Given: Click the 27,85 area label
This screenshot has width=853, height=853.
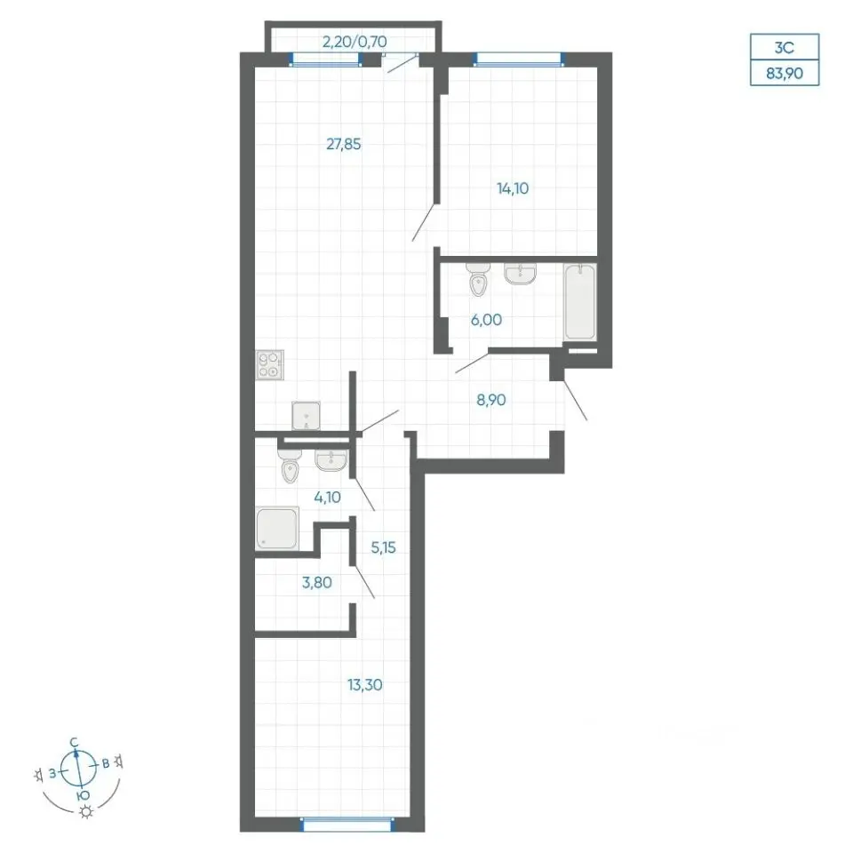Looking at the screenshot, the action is click(x=343, y=144).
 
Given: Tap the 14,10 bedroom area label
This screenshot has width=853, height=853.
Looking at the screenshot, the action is click(x=513, y=188).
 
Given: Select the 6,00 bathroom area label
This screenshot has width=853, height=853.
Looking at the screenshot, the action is click(x=486, y=320).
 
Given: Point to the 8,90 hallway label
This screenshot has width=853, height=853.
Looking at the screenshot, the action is click(x=491, y=400).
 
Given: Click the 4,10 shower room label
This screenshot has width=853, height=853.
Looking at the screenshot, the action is click(x=328, y=497).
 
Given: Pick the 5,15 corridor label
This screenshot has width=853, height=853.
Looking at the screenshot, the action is click(x=383, y=547).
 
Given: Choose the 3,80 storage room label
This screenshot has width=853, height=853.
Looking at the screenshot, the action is click(x=316, y=583).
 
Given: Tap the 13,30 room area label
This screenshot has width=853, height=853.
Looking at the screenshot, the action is click(x=364, y=685).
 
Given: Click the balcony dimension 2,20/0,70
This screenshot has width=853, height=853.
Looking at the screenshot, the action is click(x=355, y=42).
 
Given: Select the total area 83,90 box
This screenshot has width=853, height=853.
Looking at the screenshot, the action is click(x=785, y=73).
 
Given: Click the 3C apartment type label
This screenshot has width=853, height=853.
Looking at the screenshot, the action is click(x=785, y=47).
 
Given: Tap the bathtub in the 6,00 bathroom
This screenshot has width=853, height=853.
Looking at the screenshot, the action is click(x=580, y=302).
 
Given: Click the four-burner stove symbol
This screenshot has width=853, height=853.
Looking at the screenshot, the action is click(x=270, y=364).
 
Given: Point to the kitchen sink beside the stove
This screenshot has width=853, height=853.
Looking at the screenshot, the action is click(x=306, y=416).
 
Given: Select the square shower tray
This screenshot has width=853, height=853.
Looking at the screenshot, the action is click(x=277, y=528).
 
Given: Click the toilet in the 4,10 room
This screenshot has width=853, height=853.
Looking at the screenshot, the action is click(x=290, y=466).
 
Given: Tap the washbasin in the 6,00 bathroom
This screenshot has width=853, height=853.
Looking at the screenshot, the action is click(x=520, y=274).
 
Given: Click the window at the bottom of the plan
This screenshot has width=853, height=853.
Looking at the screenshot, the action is click(x=347, y=825).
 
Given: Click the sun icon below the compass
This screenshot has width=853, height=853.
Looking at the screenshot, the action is click(x=86, y=812).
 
